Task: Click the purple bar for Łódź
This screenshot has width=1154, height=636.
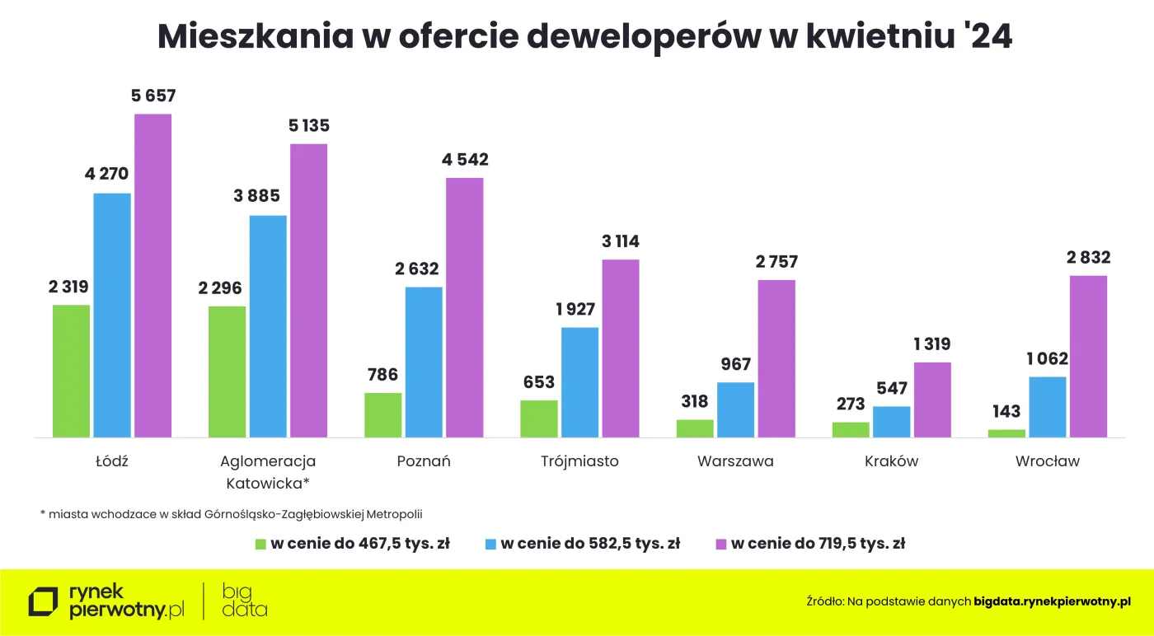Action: [x=153, y=275]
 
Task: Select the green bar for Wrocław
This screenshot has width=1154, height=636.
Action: [x=1006, y=433]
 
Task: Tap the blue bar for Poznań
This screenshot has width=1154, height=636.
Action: [x=424, y=362]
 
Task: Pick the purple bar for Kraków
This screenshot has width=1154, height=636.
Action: [x=932, y=400]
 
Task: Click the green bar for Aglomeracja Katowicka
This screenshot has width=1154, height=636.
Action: [x=227, y=372]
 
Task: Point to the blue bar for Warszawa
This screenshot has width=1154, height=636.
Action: [x=735, y=409]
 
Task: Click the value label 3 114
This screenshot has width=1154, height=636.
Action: [x=621, y=242]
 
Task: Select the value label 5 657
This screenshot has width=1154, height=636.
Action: [x=153, y=96]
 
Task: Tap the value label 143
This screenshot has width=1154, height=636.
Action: [x=1006, y=412]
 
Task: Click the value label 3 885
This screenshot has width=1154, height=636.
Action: [x=268, y=197]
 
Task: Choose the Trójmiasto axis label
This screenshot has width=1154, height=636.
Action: [x=579, y=461]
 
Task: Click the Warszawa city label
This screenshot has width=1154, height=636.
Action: [x=735, y=461]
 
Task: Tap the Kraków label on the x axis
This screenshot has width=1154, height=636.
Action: [x=891, y=461]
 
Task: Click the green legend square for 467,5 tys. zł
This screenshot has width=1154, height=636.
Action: [x=260, y=544]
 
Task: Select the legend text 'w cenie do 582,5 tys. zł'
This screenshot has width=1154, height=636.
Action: [x=590, y=544]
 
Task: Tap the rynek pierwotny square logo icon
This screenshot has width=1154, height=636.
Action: [x=43, y=602]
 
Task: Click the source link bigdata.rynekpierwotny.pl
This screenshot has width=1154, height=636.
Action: [x=1052, y=602]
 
